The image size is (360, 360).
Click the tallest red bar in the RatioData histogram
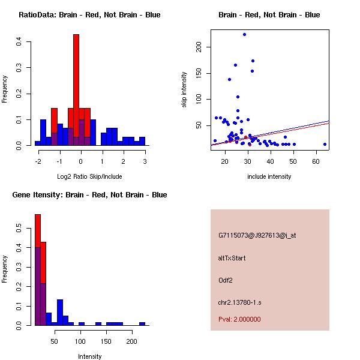pos(76,90)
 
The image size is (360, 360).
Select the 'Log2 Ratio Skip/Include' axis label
pos(89,176)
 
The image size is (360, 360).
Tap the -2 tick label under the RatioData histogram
pos(38,161)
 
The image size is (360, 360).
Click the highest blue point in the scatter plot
pos(244,34)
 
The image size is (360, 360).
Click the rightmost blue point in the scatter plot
pos(325,144)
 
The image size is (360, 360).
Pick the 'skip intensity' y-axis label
pos(184,90)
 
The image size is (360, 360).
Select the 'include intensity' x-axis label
pos(269,176)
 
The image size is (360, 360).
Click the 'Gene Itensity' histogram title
pos(89,195)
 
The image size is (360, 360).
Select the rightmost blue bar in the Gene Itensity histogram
pos(142,323)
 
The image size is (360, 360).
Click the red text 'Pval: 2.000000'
pos(239,319)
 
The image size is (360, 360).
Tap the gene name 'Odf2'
pos(226,280)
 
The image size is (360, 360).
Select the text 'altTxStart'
pos(232,258)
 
